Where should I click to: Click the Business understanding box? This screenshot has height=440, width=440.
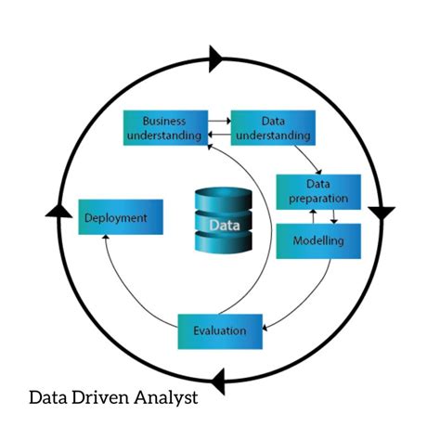pos(164,128)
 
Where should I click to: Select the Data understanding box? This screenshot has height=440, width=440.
pos(272,128)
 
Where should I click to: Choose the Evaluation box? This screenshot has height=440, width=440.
pos(219,330)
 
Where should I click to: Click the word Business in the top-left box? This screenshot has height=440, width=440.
pos(164,121)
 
